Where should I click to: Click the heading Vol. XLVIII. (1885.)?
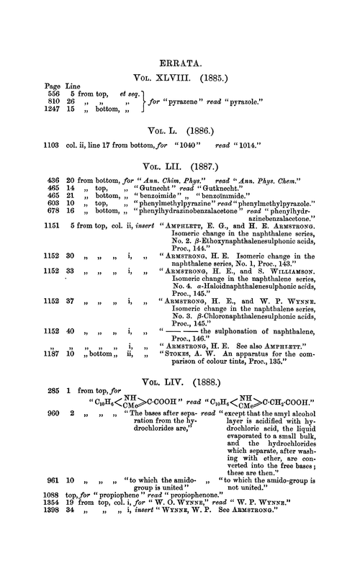179,75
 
